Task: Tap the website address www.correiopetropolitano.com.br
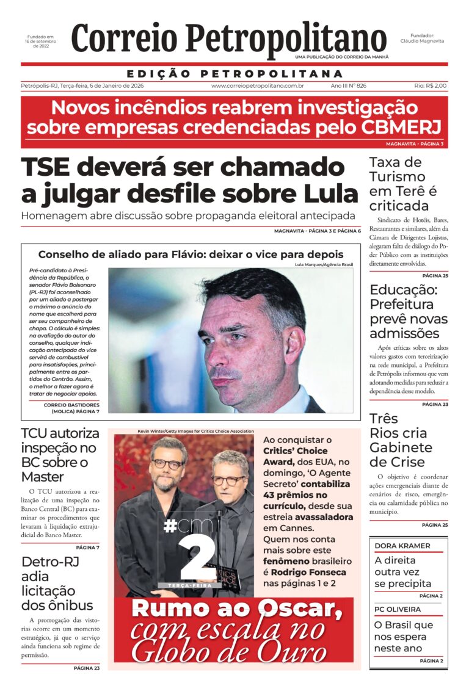pos(258,86)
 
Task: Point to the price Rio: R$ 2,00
pos(431,86)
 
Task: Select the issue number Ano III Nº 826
pos(348,86)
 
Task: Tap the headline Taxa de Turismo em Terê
pos(403,184)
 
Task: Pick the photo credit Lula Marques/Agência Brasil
pos(324,264)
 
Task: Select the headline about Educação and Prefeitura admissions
pos(409,311)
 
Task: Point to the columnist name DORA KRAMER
pos(402,545)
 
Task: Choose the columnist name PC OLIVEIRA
pos(398,609)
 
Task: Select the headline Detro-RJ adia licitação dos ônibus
pos(57,584)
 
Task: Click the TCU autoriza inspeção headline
pos(60,455)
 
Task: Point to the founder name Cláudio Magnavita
pos(423,41)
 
